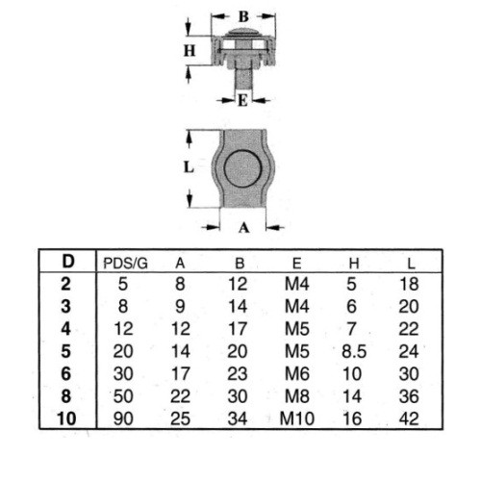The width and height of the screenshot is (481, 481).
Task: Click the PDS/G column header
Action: (x=125, y=264)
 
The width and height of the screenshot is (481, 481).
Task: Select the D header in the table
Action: (x=68, y=262)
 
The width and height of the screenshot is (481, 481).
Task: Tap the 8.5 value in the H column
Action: (x=354, y=351)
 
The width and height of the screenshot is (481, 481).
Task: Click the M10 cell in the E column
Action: (x=297, y=418)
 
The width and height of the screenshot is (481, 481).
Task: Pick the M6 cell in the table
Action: (x=297, y=374)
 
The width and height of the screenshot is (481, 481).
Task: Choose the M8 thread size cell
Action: (x=297, y=396)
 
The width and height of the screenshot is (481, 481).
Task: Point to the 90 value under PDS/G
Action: (x=123, y=418)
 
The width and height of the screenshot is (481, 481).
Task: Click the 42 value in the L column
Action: (x=409, y=418)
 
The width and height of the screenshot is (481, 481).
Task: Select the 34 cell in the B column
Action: (x=238, y=418)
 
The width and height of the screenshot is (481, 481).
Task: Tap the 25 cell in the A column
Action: (x=180, y=418)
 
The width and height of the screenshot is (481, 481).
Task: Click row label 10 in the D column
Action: (x=66, y=418)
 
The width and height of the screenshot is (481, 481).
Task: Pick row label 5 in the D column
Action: (x=65, y=351)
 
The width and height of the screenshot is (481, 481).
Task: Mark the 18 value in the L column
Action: (x=409, y=284)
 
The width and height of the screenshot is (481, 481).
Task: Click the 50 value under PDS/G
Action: (x=123, y=396)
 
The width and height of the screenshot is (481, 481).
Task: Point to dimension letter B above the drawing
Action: (x=243, y=16)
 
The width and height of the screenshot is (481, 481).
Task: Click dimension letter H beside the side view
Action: (x=190, y=51)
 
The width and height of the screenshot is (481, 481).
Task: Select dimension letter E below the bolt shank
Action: (x=242, y=101)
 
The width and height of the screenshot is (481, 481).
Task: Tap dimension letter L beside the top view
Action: (x=189, y=167)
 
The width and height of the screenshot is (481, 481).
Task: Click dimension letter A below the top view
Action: (x=243, y=228)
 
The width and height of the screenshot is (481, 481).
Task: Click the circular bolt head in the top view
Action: (x=242, y=168)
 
